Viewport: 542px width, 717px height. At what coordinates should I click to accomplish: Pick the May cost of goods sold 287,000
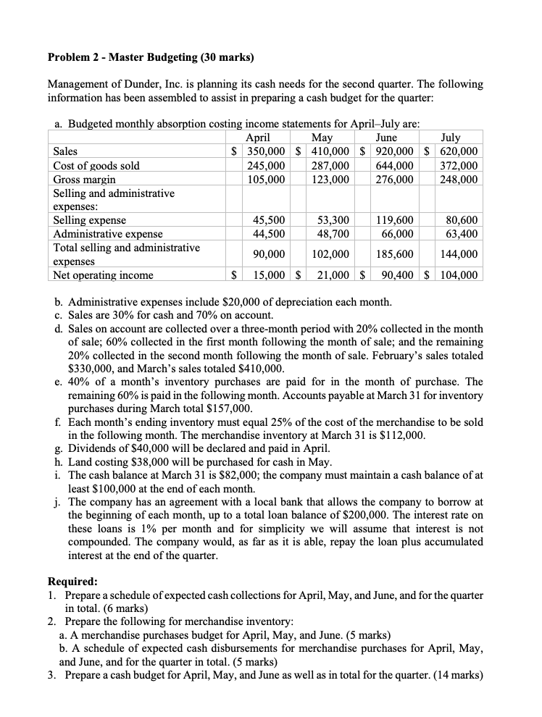click(x=331, y=165)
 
